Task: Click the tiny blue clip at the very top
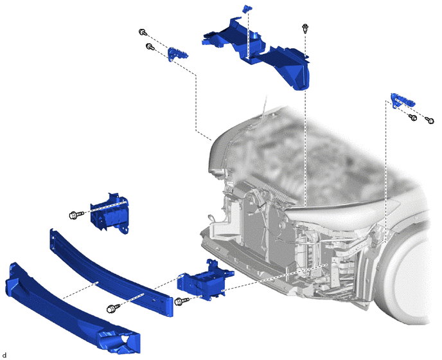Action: coord(246,8)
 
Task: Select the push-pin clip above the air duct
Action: coord(305,29)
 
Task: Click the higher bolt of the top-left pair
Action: coord(143,32)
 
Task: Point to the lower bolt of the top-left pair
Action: coord(150,46)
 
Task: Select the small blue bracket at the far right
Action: coord(403,100)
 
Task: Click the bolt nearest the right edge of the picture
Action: coord(430,120)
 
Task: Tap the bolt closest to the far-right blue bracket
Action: coord(413,118)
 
